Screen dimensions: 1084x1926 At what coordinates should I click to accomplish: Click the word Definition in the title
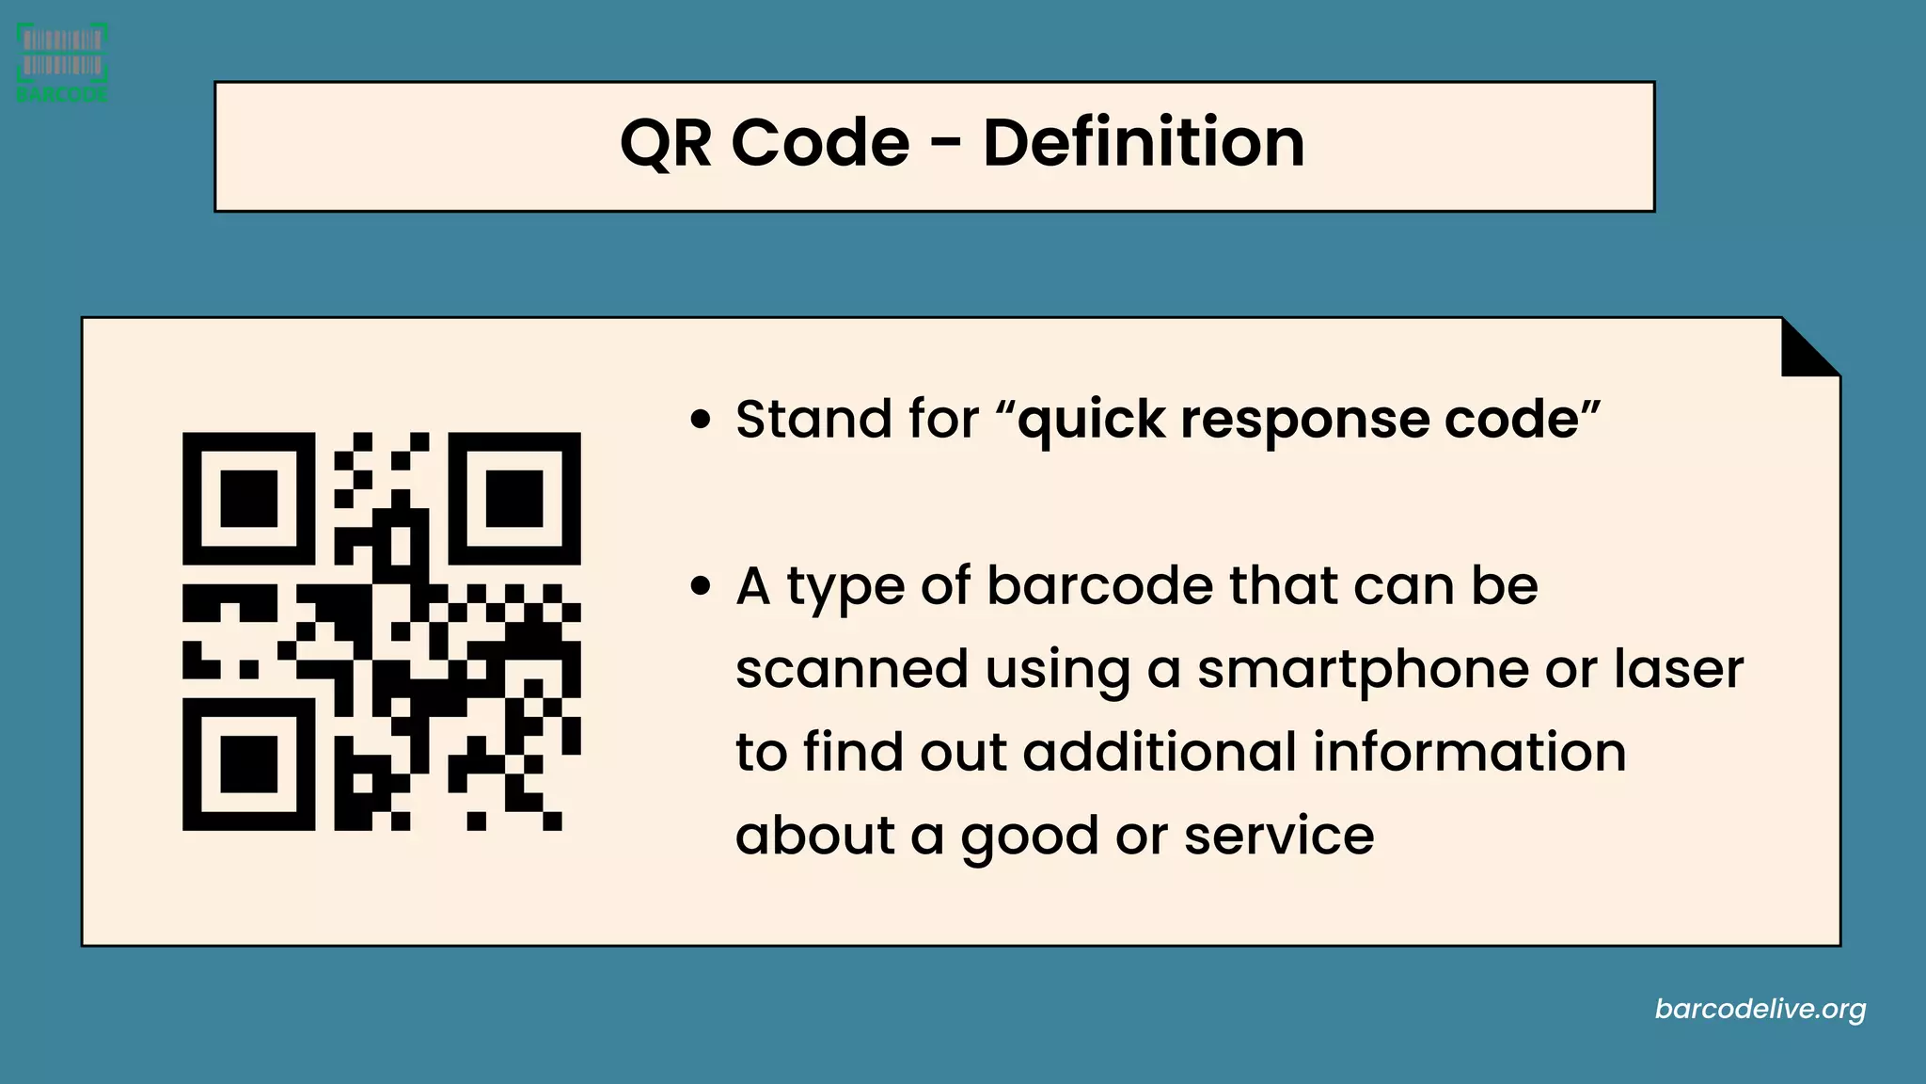tap(1144, 143)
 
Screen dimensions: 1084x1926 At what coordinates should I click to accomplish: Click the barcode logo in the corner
tap(62, 62)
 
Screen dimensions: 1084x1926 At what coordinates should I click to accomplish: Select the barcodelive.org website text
tap(1760, 1010)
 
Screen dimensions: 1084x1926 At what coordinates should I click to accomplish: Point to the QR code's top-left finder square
tap(248, 499)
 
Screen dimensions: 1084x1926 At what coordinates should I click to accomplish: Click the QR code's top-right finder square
tap(514, 499)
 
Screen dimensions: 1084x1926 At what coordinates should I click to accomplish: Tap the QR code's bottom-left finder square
tap(248, 764)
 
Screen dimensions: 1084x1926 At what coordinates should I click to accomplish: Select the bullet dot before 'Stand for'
tap(700, 420)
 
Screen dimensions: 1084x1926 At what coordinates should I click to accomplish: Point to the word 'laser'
tap(1679, 669)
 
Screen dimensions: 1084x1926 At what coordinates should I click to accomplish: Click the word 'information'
tap(1469, 753)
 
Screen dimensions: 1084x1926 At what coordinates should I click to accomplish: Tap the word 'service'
tap(1278, 836)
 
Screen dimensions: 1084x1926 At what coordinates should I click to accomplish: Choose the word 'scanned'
tap(851, 669)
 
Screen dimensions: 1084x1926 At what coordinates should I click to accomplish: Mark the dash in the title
tap(946, 145)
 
